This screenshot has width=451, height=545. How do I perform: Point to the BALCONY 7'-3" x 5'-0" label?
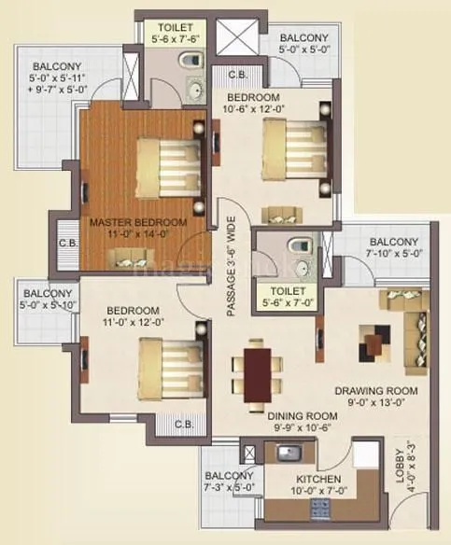[x=229, y=480]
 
